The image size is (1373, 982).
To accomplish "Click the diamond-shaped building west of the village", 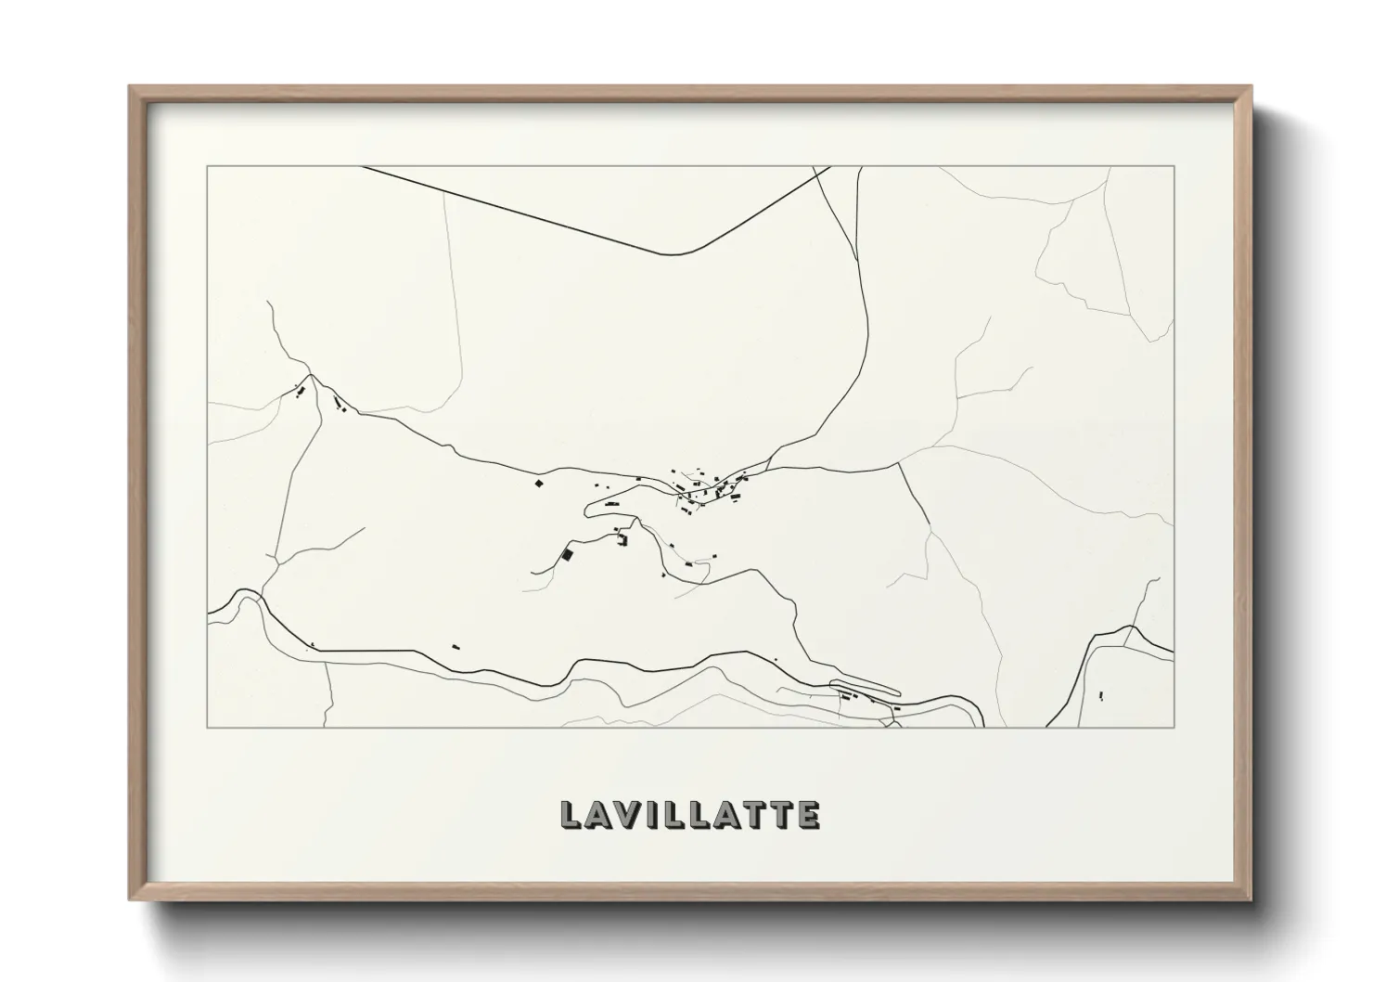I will click(x=536, y=482).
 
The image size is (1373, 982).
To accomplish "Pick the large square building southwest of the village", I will click(x=567, y=554).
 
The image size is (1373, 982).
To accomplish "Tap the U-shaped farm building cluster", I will click(x=622, y=539).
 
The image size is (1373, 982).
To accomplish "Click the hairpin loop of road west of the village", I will click(x=588, y=508).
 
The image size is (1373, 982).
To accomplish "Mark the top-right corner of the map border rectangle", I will click(x=1174, y=166).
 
